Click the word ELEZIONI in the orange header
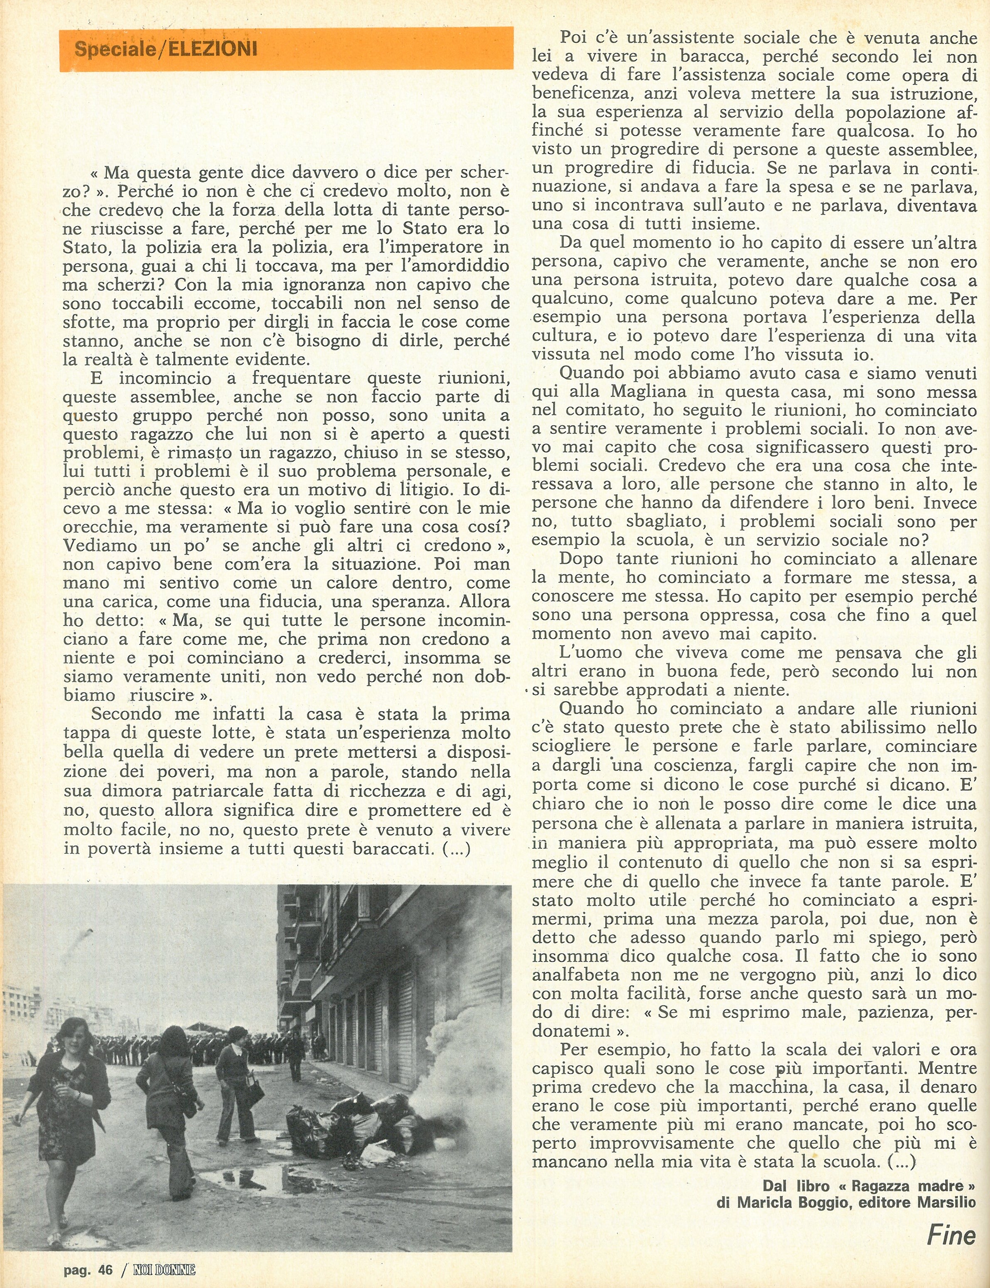point(213,48)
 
